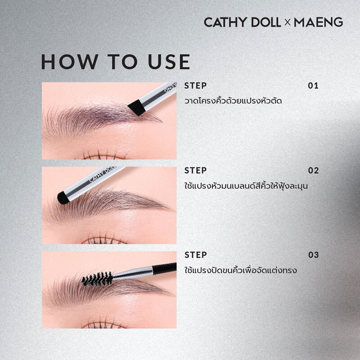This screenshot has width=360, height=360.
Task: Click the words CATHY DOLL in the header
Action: pos(241,22)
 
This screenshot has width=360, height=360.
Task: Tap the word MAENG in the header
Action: pos(319,22)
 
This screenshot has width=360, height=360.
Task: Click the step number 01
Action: pos(313,85)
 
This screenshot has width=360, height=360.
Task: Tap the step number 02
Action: pos(313,171)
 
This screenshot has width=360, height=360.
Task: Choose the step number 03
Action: pos(313,255)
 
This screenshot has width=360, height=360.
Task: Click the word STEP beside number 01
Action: pos(196,85)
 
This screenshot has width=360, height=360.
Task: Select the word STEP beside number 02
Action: pos(196,171)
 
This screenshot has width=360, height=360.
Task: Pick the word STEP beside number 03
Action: pos(196,255)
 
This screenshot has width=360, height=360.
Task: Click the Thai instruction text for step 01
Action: pos(233,101)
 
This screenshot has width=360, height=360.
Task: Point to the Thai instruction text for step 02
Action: pos(246,185)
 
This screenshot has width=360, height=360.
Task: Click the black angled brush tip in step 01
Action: pos(136,107)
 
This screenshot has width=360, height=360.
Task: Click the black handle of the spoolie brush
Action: pos(164,268)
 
